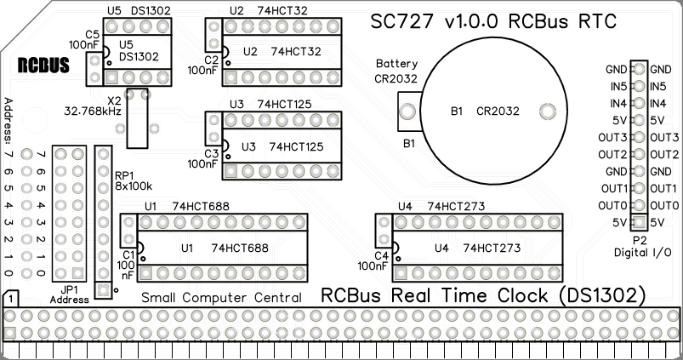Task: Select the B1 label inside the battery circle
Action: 457,111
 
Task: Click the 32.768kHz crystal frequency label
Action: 94,111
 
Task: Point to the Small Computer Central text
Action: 221,298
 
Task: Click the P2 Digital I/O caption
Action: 642,247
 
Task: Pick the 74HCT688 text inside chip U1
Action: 240,249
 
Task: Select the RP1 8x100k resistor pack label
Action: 134,180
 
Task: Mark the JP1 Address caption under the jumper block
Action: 69,294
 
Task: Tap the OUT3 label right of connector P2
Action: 663,138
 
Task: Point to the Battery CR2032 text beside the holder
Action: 396,71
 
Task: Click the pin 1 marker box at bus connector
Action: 10,300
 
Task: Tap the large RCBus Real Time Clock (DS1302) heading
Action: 482,295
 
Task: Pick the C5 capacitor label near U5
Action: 92,33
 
